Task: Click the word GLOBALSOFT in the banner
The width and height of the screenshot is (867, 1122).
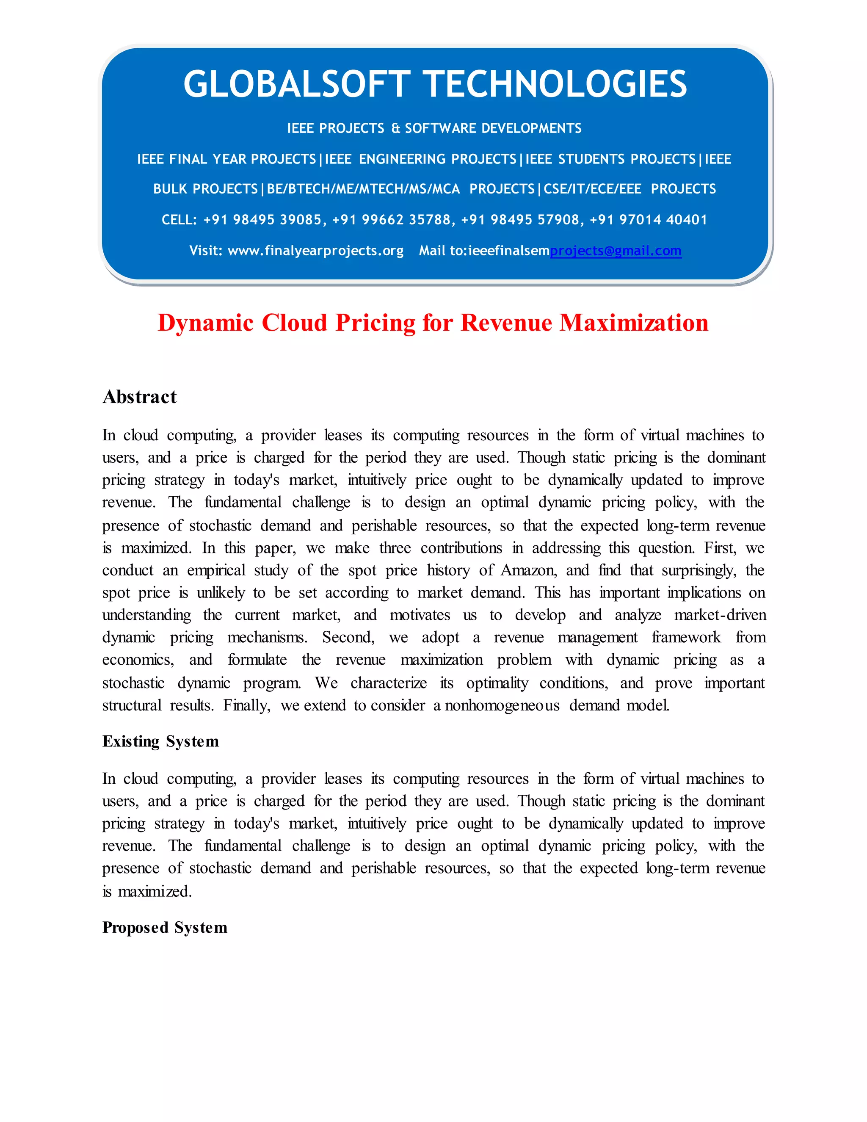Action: click(x=296, y=84)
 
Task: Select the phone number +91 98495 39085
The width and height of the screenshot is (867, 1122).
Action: click(x=262, y=220)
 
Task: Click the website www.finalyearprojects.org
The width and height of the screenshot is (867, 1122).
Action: click(x=315, y=251)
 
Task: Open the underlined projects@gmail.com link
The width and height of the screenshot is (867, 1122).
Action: click(x=615, y=251)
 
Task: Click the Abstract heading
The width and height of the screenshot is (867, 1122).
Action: click(x=139, y=397)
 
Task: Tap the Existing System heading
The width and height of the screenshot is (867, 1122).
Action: click(x=160, y=741)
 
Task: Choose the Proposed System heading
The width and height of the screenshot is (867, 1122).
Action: click(x=164, y=927)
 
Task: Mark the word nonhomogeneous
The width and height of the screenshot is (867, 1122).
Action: click(x=502, y=705)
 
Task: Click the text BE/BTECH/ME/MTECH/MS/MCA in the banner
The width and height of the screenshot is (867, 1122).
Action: click(x=363, y=189)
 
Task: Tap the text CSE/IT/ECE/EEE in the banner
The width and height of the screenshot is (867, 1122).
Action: click(x=592, y=189)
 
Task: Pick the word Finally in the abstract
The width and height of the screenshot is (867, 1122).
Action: click(x=246, y=705)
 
